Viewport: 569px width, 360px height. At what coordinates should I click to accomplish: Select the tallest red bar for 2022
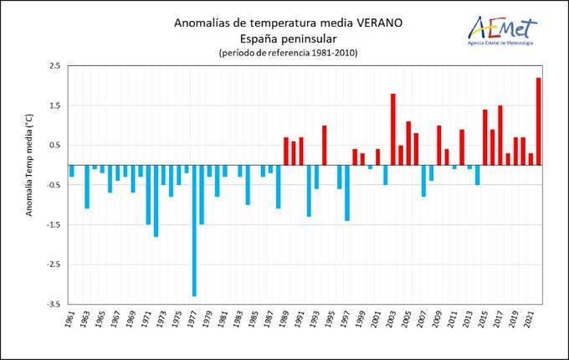coord(538,121)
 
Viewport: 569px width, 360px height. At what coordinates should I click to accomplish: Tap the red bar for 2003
coord(392,129)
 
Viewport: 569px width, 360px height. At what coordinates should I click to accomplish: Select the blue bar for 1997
coord(346,193)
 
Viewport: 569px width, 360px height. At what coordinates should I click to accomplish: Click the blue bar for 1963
coord(87,187)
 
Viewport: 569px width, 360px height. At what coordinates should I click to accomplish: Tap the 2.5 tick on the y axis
coord(54,66)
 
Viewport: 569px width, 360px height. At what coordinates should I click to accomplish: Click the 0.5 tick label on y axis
coord(54,145)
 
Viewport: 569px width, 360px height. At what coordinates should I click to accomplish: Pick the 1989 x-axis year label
coord(286,321)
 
